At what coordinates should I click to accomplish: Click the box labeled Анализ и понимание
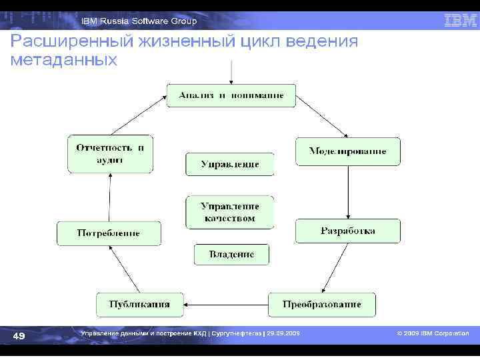[231, 95]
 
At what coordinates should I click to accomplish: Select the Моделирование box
[347, 151]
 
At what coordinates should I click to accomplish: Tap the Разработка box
[347, 231]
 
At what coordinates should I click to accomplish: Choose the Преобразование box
[321, 305]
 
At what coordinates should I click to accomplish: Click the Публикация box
[139, 305]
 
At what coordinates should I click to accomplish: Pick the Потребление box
[109, 233]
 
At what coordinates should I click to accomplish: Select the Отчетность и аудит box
[110, 154]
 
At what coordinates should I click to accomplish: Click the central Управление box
[229, 164]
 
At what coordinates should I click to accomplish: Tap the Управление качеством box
[229, 212]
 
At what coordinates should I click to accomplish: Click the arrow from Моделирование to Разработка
[347, 191]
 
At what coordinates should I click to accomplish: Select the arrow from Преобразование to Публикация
[227, 305]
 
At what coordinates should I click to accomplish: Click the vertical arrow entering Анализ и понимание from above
[231, 71]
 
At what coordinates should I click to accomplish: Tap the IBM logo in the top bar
[460, 21]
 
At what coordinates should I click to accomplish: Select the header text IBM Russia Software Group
[139, 21]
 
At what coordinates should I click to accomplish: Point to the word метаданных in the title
[64, 60]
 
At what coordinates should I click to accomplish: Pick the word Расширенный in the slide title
[66, 42]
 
